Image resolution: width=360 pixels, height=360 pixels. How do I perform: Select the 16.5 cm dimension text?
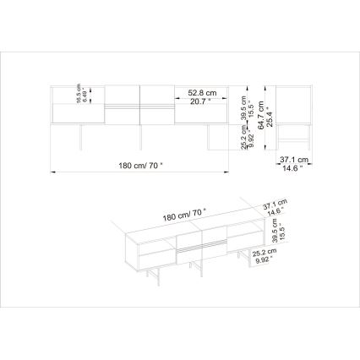point(79,92)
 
